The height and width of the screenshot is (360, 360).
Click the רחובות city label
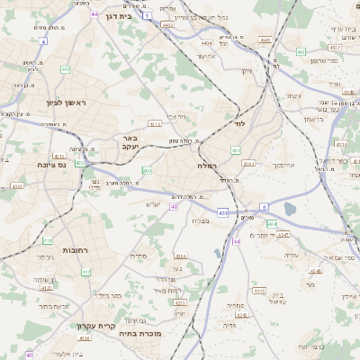74,249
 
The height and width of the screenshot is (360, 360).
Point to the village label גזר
310,283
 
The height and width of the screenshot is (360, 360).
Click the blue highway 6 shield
265,207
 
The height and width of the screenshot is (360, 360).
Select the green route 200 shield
147,170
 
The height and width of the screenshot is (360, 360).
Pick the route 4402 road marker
168,25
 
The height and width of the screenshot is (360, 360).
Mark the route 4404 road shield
208,42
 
